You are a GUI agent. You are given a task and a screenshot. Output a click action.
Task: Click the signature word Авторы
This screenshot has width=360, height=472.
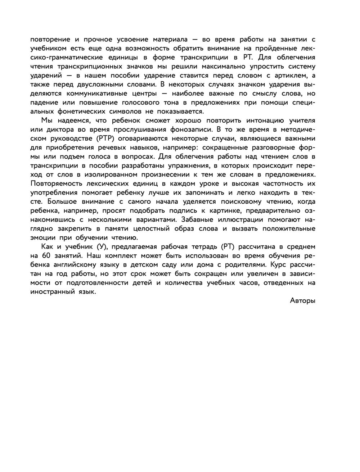pos(302,301)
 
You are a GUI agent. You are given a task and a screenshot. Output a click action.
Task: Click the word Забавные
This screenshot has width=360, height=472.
pos(197,219)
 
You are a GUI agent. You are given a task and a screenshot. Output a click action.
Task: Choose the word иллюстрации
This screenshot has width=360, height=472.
pos(245,219)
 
